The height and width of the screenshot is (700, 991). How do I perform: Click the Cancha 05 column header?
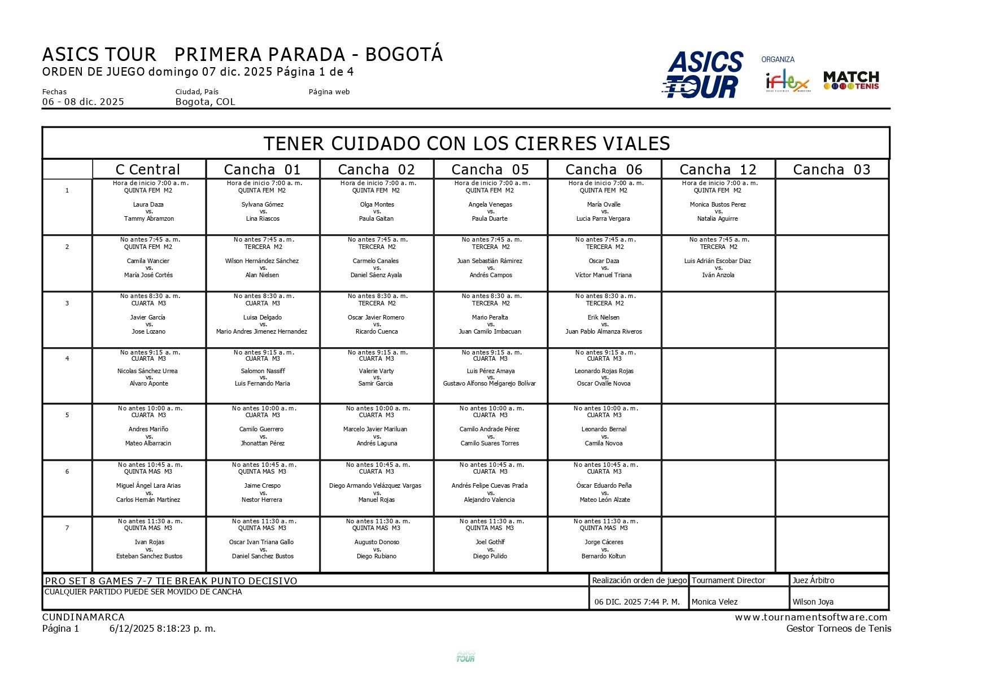pyautogui.click(x=490, y=169)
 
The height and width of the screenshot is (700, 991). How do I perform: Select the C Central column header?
pyautogui.click(x=148, y=169)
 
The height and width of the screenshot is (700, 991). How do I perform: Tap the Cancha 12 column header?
pyautogui.click(x=718, y=169)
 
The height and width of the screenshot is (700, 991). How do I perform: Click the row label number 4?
pyautogui.click(x=67, y=358)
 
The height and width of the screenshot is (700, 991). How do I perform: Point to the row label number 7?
pyautogui.click(x=67, y=528)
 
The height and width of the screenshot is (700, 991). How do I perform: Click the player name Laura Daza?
pyautogui.click(x=149, y=204)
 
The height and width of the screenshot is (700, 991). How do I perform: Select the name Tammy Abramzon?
pyautogui.click(x=149, y=218)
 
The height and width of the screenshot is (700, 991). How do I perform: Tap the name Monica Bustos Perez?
pyautogui.click(x=718, y=204)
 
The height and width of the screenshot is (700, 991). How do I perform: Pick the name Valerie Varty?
pyautogui.click(x=377, y=371)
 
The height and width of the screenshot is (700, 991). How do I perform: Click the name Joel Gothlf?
pyautogui.click(x=490, y=542)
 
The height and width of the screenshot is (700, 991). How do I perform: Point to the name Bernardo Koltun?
pyautogui.click(x=604, y=556)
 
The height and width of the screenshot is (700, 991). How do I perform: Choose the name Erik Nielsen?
pyautogui.click(x=604, y=317)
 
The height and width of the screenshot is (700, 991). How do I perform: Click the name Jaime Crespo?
pyautogui.click(x=263, y=485)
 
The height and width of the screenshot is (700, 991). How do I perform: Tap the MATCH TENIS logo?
pyautogui.click(x=851, y=81)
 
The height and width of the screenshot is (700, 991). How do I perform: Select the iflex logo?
pyautogui.click(x=788, y=82)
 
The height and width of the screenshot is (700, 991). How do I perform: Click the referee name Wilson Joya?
pyautogui.click(x=813, y=602)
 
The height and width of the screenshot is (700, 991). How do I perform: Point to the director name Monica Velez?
pyautogui.click(x=715, y=602)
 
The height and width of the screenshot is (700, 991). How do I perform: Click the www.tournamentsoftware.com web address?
pyautogui.click(x=811, y=617)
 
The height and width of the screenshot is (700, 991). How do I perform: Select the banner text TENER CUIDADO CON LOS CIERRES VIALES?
pyautogui.click(x=466, y=143)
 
